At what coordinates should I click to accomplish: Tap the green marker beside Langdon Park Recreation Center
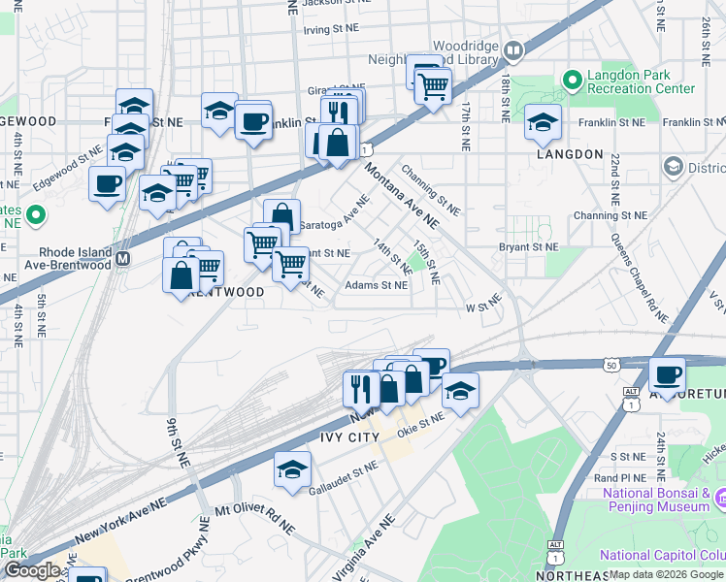click(x=572, y=77)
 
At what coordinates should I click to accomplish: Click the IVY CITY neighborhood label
click(x=350, y=438)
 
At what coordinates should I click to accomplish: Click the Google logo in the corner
click(x=31, y=570)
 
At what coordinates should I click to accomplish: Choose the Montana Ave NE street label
click(x=402, y=195)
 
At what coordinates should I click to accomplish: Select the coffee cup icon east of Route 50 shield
click(x=667, y=374)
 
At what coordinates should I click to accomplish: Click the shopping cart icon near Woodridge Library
click(x=432, y=85)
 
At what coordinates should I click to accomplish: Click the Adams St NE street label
click(x=377, y=285)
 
